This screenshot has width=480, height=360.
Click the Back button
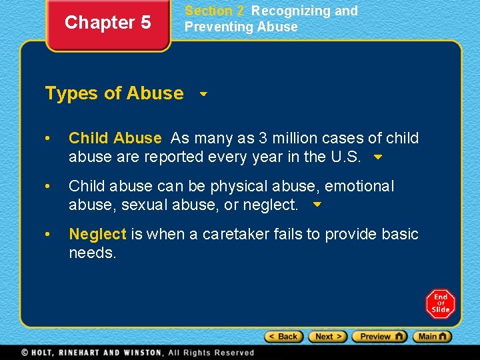point(284,337)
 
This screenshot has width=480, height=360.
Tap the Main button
point(433,337)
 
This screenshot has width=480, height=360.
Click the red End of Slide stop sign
point(441,304)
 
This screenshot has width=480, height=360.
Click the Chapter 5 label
point(108,23)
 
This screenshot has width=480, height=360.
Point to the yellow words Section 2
point(214,11)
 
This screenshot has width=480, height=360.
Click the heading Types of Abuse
point(114,93)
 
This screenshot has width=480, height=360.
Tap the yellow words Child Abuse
point(115,139)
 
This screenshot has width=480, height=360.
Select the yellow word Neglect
point(97,235)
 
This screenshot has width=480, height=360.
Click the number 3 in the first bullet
point(263,139)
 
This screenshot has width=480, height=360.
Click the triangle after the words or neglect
point(317,206)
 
